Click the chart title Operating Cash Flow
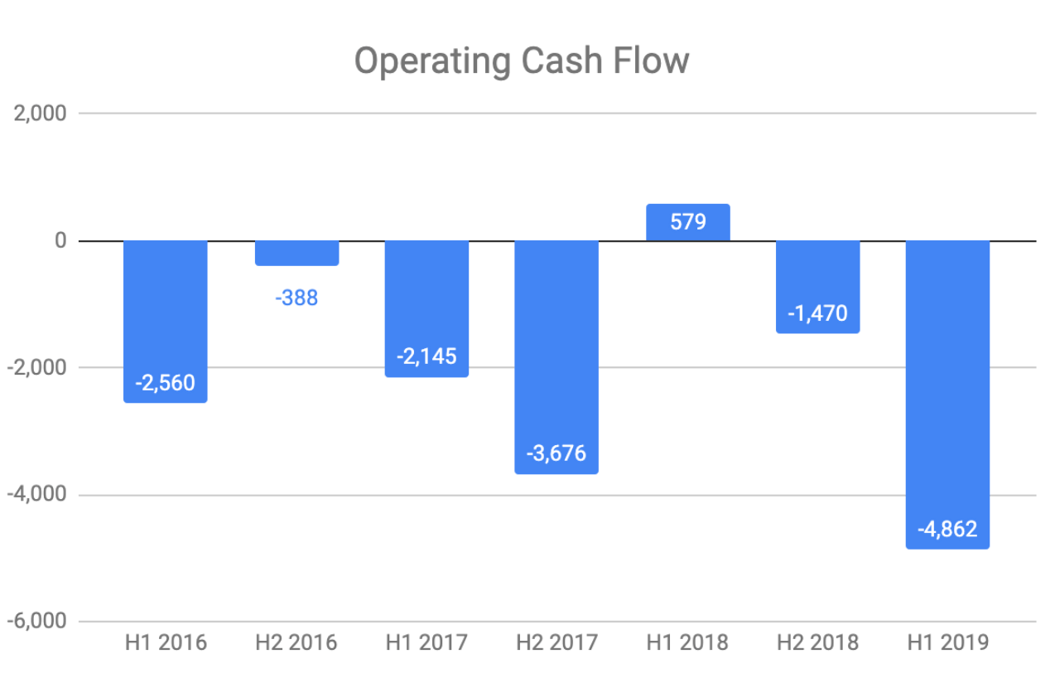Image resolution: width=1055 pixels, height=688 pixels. point(522,61)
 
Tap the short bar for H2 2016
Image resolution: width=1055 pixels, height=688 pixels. point(296,253)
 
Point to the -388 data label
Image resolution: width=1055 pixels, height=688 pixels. point(296,298)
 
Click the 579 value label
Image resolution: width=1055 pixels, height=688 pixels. point(687,223)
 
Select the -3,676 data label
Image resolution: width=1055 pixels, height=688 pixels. point(556,453)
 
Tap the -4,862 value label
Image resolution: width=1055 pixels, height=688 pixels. point(947,529)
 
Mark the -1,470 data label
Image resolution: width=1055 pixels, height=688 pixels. point(817,314)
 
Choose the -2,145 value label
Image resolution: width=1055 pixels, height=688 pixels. point(426,357)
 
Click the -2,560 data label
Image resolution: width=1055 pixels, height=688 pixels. point(166,383)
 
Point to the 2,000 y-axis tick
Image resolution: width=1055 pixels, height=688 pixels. point(40,114)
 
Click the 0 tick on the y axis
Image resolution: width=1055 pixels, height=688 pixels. point(60,240)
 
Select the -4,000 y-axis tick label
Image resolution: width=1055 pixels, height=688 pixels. point(36,495)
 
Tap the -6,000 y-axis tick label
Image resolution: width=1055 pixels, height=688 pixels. point(36,622)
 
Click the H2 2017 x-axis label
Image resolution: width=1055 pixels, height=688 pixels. point(556,642)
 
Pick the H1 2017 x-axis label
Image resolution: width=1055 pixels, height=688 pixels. point(426,642)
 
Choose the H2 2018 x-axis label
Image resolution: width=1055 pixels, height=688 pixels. point(817,642)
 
